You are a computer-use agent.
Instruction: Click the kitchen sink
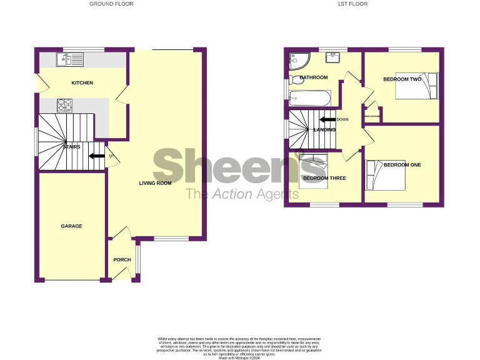click(69, 59)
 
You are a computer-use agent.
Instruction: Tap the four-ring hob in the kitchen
click(66, 105)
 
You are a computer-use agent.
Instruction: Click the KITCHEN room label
click(82, 83)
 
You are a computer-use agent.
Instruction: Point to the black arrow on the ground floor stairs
click(96, 156)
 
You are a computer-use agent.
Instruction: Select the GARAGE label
click(71, 226)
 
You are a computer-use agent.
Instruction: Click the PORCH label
click(122, 260)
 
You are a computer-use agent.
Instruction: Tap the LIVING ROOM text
click(155, 183)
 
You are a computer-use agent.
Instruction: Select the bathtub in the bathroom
click(307, 98)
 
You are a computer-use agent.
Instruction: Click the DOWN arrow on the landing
click(327, 119)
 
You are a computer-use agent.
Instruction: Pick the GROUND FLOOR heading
click(111, 4)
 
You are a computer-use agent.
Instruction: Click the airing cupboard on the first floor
click(374, 114)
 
